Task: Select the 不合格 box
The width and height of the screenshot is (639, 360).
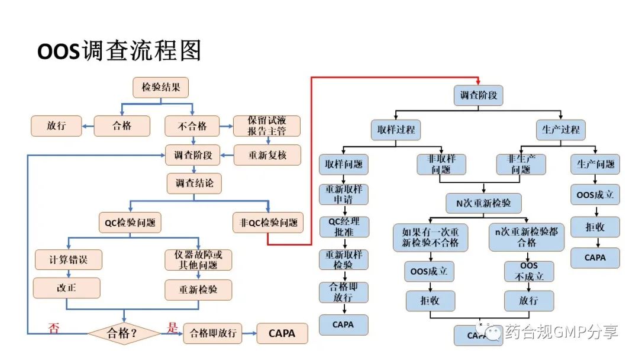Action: point(192,126)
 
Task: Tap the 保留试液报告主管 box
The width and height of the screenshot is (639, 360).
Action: point(267,126)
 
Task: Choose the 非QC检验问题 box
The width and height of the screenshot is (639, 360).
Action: point(268,223)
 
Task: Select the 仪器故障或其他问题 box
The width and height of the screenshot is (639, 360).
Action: point(198,259)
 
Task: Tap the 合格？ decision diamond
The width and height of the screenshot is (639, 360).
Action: point(124,333)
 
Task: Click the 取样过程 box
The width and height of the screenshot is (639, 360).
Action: point(396,130)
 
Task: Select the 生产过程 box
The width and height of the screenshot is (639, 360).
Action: point(560,130)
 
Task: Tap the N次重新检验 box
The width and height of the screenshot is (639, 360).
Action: point(484,203)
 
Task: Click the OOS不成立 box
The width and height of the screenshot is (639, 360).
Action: point(528,271)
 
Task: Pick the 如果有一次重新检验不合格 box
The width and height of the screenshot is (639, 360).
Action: point(430,237)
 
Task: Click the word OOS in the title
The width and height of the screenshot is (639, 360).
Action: point(59,52)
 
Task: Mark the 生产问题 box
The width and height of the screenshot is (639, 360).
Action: point(595,164)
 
